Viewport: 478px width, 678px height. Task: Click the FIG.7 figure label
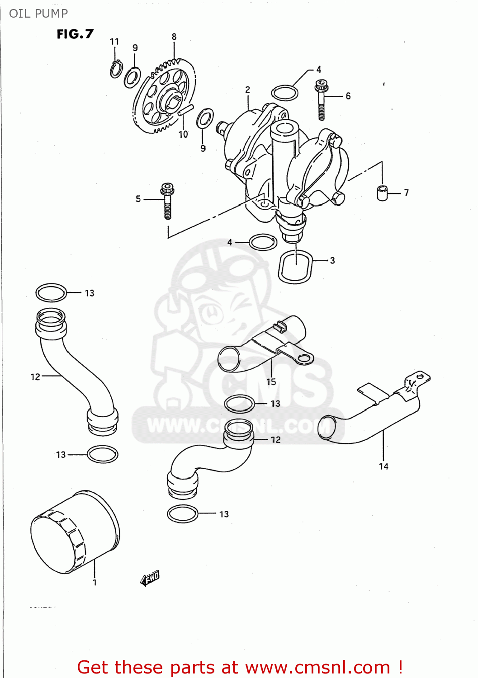point(75,34)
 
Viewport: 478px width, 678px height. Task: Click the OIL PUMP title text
point(38,14)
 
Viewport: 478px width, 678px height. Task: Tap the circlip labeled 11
point(116,69)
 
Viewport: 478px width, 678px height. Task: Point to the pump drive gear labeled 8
point(165,95)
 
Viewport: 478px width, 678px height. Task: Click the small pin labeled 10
point(186,110)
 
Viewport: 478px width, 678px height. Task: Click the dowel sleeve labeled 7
point(382,193)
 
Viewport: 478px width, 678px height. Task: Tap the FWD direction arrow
point(150,578)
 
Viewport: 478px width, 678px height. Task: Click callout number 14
point(383,466)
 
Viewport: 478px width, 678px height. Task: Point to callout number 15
point(271,382)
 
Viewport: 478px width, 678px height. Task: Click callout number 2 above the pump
point(247,89)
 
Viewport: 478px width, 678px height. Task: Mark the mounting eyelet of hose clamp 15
point(304,358)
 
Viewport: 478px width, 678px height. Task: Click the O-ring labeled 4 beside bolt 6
point(284,93)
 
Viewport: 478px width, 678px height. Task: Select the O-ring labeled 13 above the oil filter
point(103,454)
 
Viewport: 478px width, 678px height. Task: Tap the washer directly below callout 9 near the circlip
point(132,77)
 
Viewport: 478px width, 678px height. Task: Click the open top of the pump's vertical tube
point(284,128)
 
